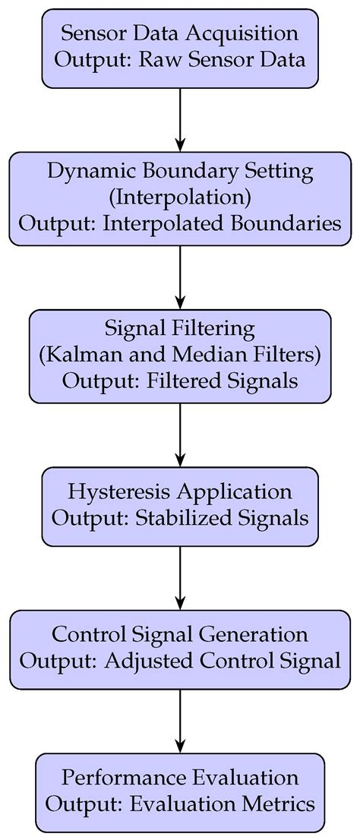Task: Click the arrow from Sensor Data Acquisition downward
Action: (181, 120)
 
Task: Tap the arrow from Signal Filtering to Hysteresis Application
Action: (181, 434)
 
